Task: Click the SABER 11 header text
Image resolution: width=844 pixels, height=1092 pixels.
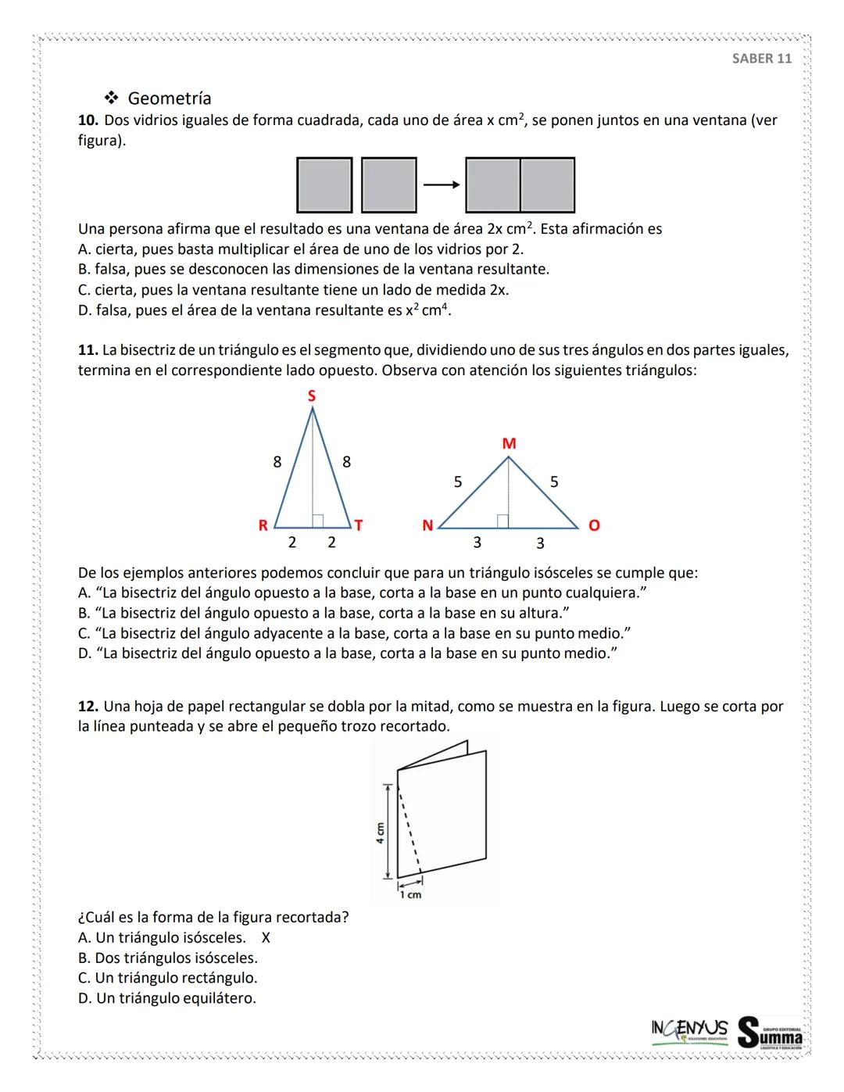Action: [761, 59]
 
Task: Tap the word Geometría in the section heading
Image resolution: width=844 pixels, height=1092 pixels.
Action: [169, 98]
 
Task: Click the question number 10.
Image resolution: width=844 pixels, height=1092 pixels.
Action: [88, 120]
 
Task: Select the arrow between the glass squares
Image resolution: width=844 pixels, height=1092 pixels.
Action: [441, 185]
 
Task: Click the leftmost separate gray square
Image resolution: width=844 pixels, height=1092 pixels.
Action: [324, 185]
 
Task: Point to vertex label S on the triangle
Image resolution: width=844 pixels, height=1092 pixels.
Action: [312, 396]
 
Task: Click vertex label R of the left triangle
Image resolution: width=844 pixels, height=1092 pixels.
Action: [263, 525]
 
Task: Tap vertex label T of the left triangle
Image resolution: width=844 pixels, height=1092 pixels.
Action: [359, 525]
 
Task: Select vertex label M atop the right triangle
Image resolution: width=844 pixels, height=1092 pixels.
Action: [509, 444]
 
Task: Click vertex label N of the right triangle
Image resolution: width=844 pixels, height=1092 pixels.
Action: [427, 526]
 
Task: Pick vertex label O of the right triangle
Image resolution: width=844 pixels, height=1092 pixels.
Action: [593, 526]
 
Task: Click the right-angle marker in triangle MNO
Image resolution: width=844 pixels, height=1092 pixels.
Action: [503, 521]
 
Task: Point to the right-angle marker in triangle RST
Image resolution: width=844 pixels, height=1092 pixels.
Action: [318, 521]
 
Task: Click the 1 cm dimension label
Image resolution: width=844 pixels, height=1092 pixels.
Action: [410, 894]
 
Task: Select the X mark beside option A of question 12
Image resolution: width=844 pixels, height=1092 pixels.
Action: [266, 938]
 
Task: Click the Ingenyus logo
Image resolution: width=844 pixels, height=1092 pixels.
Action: [688, 1028]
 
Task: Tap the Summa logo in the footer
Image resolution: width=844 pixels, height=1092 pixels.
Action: [770, 1032]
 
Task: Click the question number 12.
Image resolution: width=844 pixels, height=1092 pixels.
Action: [88, 707]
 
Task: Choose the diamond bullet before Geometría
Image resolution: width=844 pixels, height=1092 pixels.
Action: [111, 98]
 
